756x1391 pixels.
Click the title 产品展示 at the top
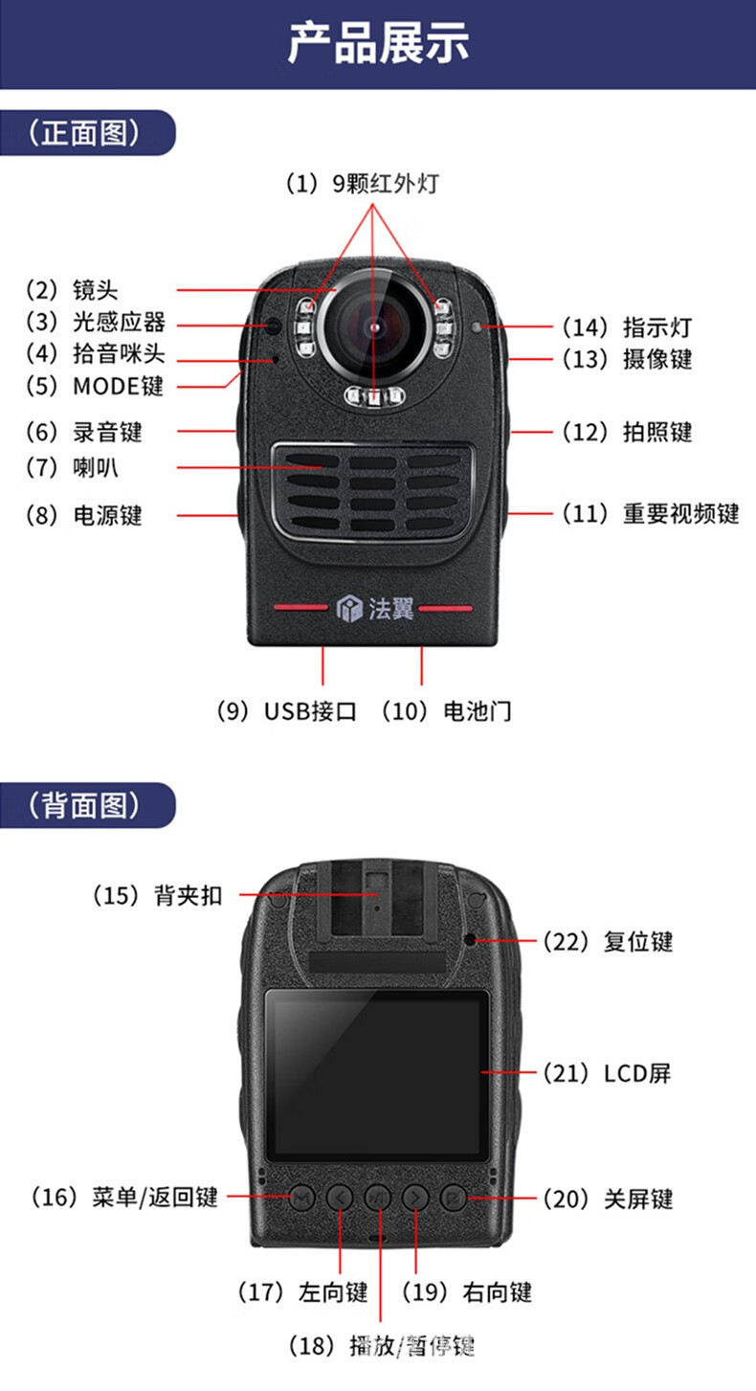378,44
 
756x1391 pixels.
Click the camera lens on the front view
374,325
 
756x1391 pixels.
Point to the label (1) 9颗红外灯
363,183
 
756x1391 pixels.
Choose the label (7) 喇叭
84,467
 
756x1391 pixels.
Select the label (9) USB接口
286,711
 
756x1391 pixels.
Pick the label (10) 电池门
446,711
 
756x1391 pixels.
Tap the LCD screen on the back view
377,1075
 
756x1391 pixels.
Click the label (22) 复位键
608,941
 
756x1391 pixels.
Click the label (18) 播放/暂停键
382,1346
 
